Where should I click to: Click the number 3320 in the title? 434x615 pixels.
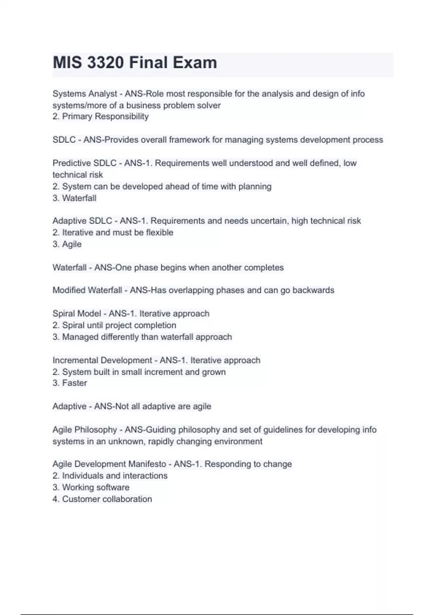(x=105, y=63)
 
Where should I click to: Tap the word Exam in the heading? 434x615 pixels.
(x=195, y=63)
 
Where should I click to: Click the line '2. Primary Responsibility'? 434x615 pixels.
(x=101, y=116)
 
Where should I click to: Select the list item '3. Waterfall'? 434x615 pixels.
(x=75, y=198)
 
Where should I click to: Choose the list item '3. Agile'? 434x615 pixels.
(x=67, y=244)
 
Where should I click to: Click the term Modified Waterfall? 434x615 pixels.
(x=87, y=290)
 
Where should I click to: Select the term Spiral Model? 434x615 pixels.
(x=77, y=314)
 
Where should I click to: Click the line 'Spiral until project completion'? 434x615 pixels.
(x=114, y=325)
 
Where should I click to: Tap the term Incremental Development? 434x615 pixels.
(x=102, y=360)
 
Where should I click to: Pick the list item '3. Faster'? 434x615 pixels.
(x=70, y=383)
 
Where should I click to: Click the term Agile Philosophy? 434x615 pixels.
(x=85, y=430)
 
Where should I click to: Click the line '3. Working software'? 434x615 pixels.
(x=91, y=487)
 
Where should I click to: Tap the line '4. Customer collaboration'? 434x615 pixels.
(x=102, y=499)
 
